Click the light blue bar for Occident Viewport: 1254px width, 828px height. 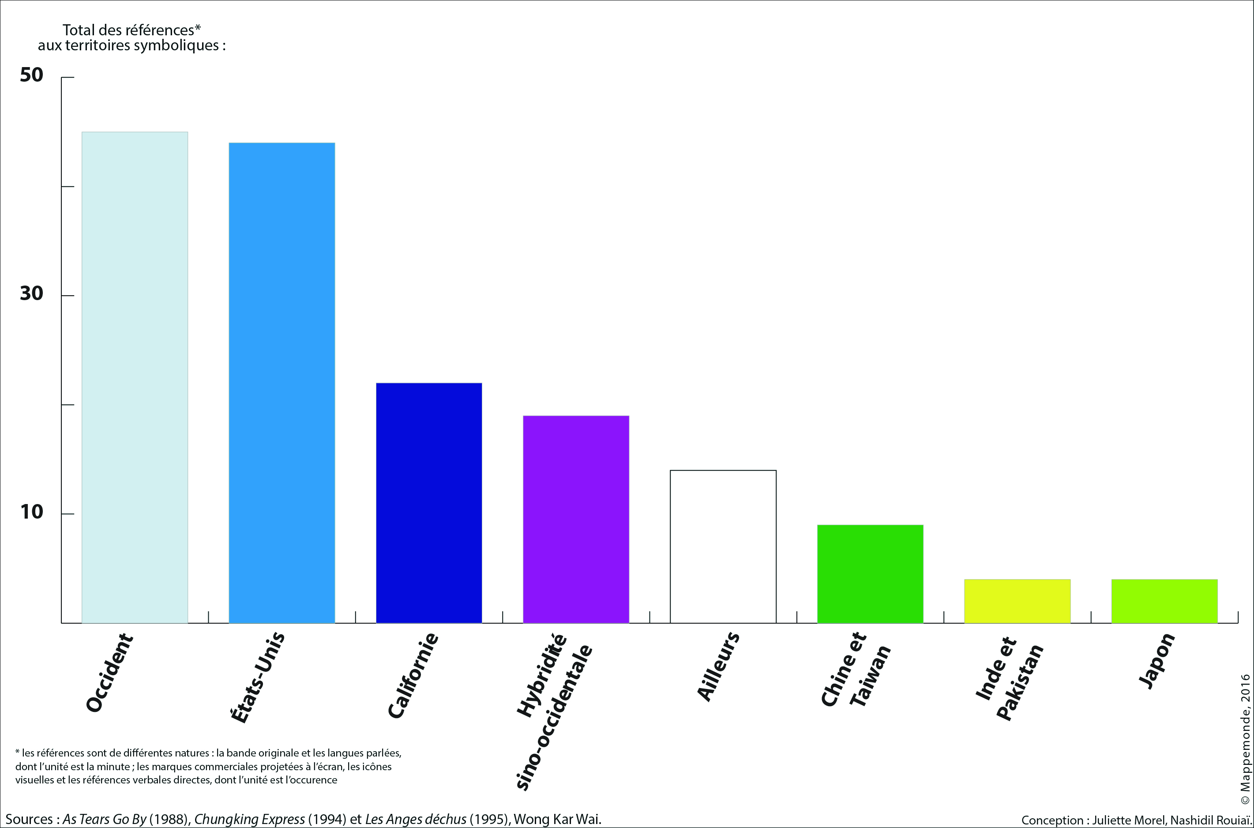point(135,377)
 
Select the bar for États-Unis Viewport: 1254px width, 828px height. point(282,383)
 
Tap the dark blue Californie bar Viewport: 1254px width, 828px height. point(428,503)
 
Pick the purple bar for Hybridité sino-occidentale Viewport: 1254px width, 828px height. point(576,519)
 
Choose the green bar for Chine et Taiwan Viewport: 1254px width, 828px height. point(870,574)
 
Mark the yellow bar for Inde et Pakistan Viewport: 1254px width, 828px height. point(1017,601)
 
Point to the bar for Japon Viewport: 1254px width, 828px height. point(1164,601)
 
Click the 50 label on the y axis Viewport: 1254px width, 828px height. point(32,75)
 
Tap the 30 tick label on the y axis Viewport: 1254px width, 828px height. point(32,294)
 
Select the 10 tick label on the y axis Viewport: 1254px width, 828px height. point(32,512)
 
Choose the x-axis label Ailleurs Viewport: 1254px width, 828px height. point(718,666)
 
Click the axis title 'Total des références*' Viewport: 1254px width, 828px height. point(131,30)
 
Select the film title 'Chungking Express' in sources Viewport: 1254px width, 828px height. point(250,819)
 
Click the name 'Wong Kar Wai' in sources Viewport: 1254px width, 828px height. point(557,819)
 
